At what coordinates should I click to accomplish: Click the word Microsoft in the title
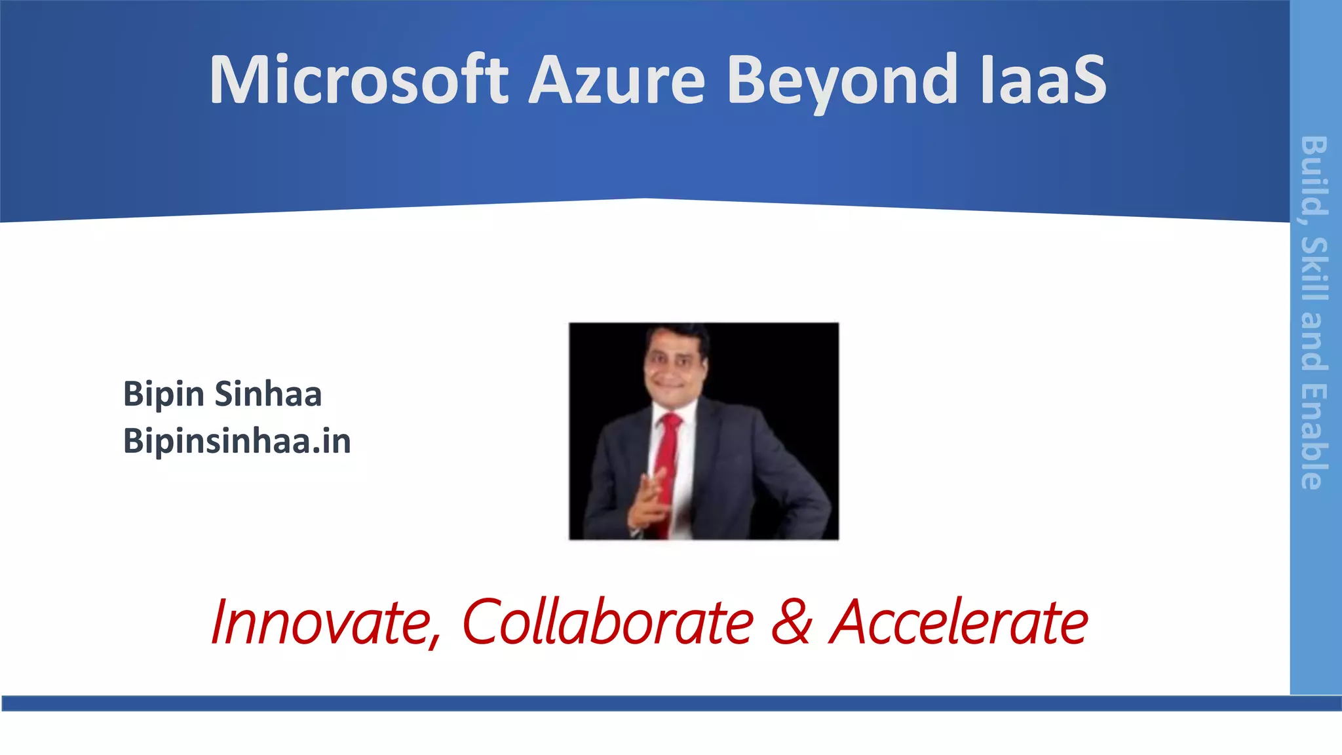pyautogui.click(x=358, y=80)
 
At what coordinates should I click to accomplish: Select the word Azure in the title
pyautogui.click(x=616, y=80)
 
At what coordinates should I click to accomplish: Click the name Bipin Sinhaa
pyautogui.click(x=222, y=394)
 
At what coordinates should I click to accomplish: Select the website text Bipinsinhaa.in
pyautogui.click(x=237, y=441)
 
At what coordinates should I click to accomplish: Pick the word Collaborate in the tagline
pyautogui.click(x=608, y=623)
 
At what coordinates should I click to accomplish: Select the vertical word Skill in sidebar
pyautogui.click(x=1314, y=269)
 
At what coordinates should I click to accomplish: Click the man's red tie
pyautogui.click(x=667, y=465)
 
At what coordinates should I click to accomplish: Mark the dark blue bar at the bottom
pyautogui.click(x=671, y=703)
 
